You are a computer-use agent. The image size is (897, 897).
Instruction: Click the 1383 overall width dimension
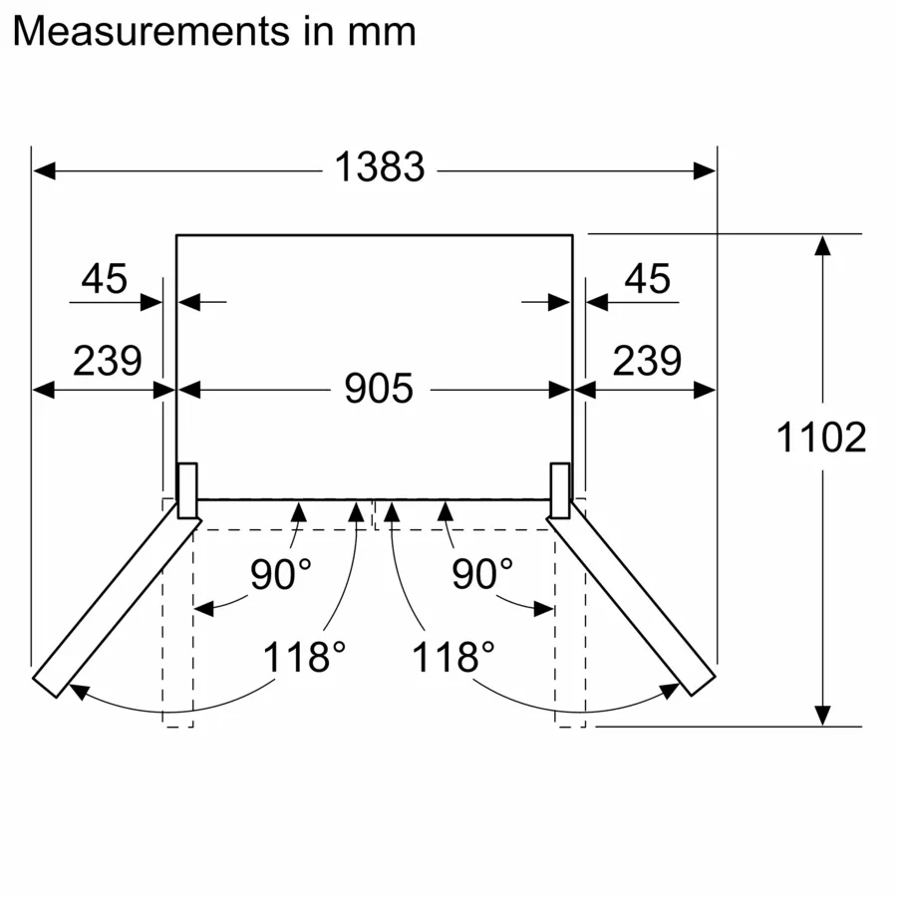tap(379, 168)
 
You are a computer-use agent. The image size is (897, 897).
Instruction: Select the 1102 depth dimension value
tap(821, 438)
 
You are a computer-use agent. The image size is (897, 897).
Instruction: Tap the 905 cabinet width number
tap(379, 389)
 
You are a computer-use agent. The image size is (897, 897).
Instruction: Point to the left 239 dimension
tap(107, 360)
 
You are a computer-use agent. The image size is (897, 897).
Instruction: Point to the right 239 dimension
tap(647, 360)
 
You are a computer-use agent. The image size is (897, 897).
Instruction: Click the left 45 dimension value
tap(105, 280)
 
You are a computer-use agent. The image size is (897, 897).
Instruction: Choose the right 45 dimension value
tap(648, 280)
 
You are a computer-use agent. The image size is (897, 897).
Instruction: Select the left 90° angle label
tap(280, 575)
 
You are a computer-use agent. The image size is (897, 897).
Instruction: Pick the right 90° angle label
tap(482, 575)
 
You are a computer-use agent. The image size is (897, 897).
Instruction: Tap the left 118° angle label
tap(304, 658)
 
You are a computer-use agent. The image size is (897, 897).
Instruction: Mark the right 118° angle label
tap(454, 658)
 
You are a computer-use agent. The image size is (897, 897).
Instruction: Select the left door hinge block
tap(186, 490)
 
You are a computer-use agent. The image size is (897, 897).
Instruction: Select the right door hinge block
tap(560, 490)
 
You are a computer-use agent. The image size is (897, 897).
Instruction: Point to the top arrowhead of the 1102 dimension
tap(822, 245)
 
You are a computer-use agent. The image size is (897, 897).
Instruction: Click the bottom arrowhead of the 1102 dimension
tap(822, 715)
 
